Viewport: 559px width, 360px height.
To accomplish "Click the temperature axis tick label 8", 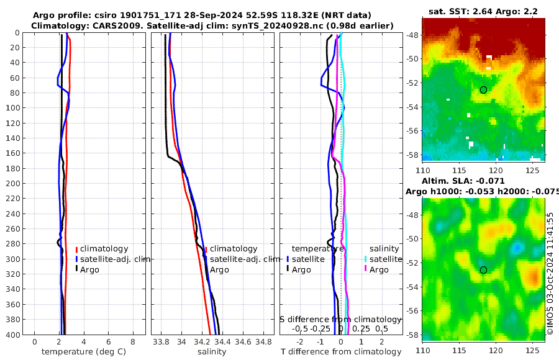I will tap(133, 342).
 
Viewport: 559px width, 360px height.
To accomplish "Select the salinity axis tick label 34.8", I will tap(263, 342).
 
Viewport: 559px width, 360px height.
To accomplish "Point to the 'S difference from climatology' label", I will tap(340, 319).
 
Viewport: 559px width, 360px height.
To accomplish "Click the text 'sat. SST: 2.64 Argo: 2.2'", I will tap(483, 11).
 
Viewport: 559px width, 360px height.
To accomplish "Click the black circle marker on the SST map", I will tap(483, 90).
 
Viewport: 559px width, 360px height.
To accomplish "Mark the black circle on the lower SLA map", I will tap(483, 270).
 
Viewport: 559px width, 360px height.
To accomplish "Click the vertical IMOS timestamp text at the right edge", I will tap(550, 273).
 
